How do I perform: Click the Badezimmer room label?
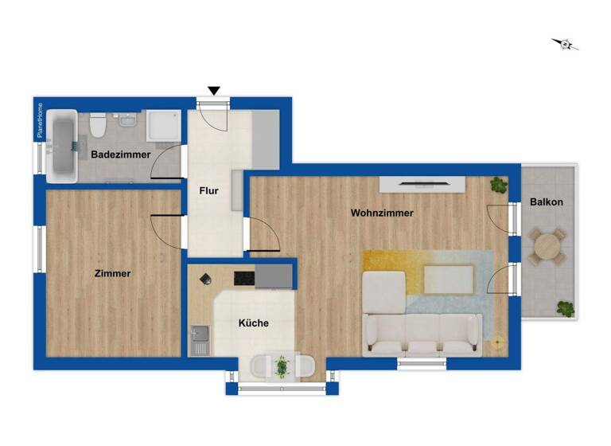click(120, 154)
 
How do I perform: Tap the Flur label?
click(208, 191)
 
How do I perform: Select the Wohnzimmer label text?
click(382, 213)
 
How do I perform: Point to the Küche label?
click(254, 323)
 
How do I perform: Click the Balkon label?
click(547, 202)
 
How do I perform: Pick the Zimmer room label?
click(112, 273)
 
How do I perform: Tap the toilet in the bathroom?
click(98, 125)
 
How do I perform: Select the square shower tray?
click(164, 126)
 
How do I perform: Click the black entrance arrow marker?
click(213, 91)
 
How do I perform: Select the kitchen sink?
click(200, 339)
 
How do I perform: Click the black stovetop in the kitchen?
click(243, 278)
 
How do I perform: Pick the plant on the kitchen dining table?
click(281, 366)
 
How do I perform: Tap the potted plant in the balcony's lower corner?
click(565, 307)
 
